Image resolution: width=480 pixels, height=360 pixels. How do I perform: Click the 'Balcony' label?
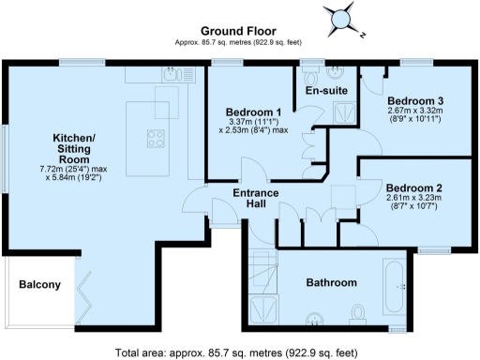(x=40, y=285)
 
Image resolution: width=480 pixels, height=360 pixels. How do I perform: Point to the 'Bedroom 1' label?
(x=254, y=112)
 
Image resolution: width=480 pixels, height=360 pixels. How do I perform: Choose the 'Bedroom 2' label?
(x=414, y=187)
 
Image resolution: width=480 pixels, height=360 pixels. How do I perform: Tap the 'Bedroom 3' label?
(x=414, y=100)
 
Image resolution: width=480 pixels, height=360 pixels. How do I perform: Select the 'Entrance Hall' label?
(x=253, y=199)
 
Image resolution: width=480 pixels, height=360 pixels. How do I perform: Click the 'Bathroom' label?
(x=333, y=282)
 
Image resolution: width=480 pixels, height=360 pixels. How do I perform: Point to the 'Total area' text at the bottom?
(x=235, y=352)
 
